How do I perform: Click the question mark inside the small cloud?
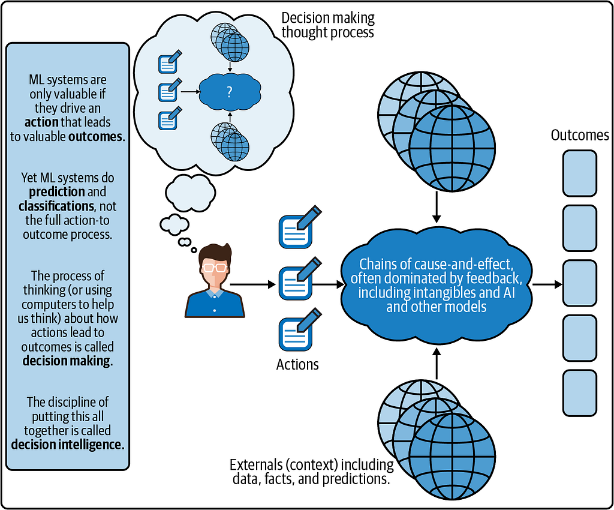(230, 92)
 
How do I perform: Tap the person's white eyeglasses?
(215, 268)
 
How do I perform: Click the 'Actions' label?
(297, 364)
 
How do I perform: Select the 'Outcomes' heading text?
(580, 135)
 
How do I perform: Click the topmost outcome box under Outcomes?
(580, 173)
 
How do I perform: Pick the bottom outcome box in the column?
(580, 393)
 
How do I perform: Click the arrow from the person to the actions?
(252, 284)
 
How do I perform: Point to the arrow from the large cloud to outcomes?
(547, 284)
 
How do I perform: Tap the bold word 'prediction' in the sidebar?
(57, 192)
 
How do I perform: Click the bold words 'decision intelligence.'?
(68, 445)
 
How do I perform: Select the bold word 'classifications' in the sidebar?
(56, 206)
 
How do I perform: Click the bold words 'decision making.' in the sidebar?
(68, 361)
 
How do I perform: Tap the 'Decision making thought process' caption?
(328, 25)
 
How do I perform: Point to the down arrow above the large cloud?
(437, 208)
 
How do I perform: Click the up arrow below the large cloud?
(437, 363)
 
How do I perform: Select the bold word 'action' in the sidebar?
(41, 122)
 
